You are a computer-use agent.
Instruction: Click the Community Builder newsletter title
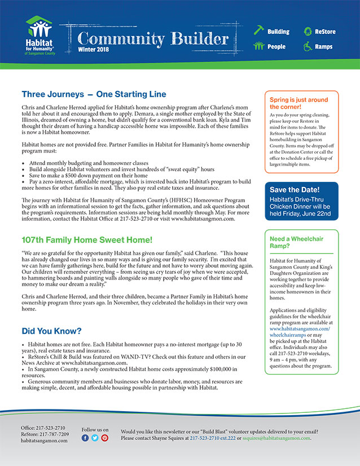point(152,38)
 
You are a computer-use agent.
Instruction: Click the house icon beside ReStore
point(308,31)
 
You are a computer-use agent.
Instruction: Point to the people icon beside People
point(258,46)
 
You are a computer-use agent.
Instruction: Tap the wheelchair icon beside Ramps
point(308,46)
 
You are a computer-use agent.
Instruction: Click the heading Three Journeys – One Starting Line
point(94,94)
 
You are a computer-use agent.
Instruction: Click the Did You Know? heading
point(51,330)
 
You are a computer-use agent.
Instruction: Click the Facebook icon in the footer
point(85,438)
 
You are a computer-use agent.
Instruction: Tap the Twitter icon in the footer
point(95,438)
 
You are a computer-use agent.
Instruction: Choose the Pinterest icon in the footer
point(104,438)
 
